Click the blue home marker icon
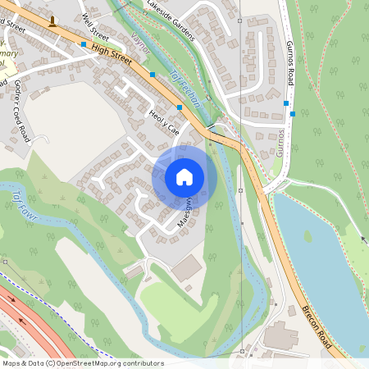tap(184, 176)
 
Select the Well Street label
tap(95, 26)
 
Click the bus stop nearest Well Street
tap(84, 44)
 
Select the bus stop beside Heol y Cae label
tap(180, 107)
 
